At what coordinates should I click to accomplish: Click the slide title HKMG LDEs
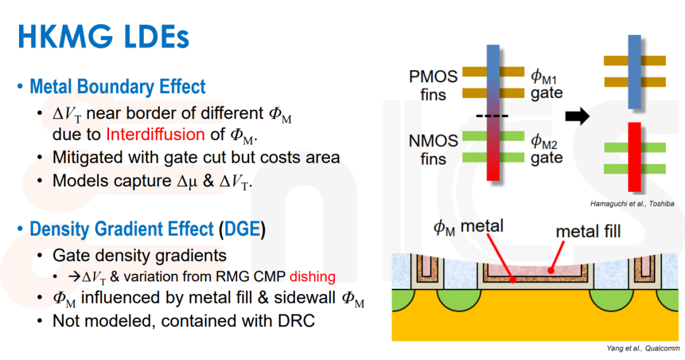coord(103,37)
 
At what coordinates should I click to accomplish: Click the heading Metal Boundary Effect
coord(117,86)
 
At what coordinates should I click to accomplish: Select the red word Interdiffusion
coord(155,134)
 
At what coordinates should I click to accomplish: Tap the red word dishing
coord(312,276)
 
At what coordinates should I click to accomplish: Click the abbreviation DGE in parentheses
coord(242,229)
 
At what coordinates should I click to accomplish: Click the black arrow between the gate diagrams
coord(577,116)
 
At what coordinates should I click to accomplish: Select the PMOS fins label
coord(433,85)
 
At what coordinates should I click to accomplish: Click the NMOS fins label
coord(433,149)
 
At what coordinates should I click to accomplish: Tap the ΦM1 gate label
coord(547,85)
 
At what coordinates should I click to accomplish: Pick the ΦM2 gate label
coord(547,149)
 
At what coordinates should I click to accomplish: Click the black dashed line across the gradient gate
coord(492,116)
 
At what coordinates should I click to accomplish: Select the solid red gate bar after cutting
coord(634,157)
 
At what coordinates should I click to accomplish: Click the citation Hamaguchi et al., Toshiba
coord(632,204)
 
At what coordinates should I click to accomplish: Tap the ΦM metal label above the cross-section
coord(468,227)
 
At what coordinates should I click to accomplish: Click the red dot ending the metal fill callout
coord(551,271)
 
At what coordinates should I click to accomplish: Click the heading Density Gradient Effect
coord(122,229)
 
